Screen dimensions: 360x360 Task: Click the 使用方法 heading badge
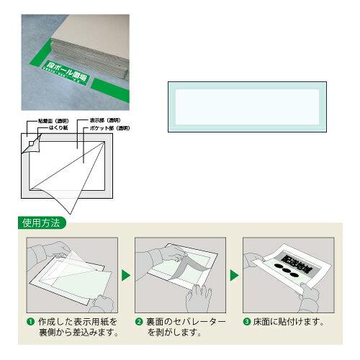40,224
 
